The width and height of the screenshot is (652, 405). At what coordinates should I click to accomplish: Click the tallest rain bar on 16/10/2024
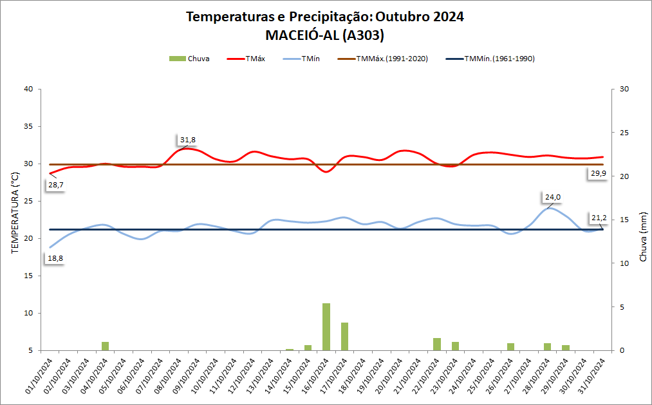coord(326,327)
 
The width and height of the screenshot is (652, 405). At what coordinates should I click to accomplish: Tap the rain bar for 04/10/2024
coord(105,346)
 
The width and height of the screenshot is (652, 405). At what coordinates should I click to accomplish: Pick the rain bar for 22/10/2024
coord(437,344)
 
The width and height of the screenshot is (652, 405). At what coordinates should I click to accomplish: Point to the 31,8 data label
coord(187,140)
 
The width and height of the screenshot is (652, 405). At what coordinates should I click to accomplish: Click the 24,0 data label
coord(554,197)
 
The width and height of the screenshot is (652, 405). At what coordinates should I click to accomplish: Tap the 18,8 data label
coord(55,258)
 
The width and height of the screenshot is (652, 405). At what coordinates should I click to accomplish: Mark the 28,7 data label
coord(55,185)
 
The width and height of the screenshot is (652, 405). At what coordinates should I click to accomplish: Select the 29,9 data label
coord(597,174)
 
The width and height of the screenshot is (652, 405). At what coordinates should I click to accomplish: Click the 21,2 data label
coord(597,218)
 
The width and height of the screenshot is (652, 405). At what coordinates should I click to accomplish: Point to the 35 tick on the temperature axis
coord(28,126)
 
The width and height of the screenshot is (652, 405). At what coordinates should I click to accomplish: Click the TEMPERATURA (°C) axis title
coord(15,212)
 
